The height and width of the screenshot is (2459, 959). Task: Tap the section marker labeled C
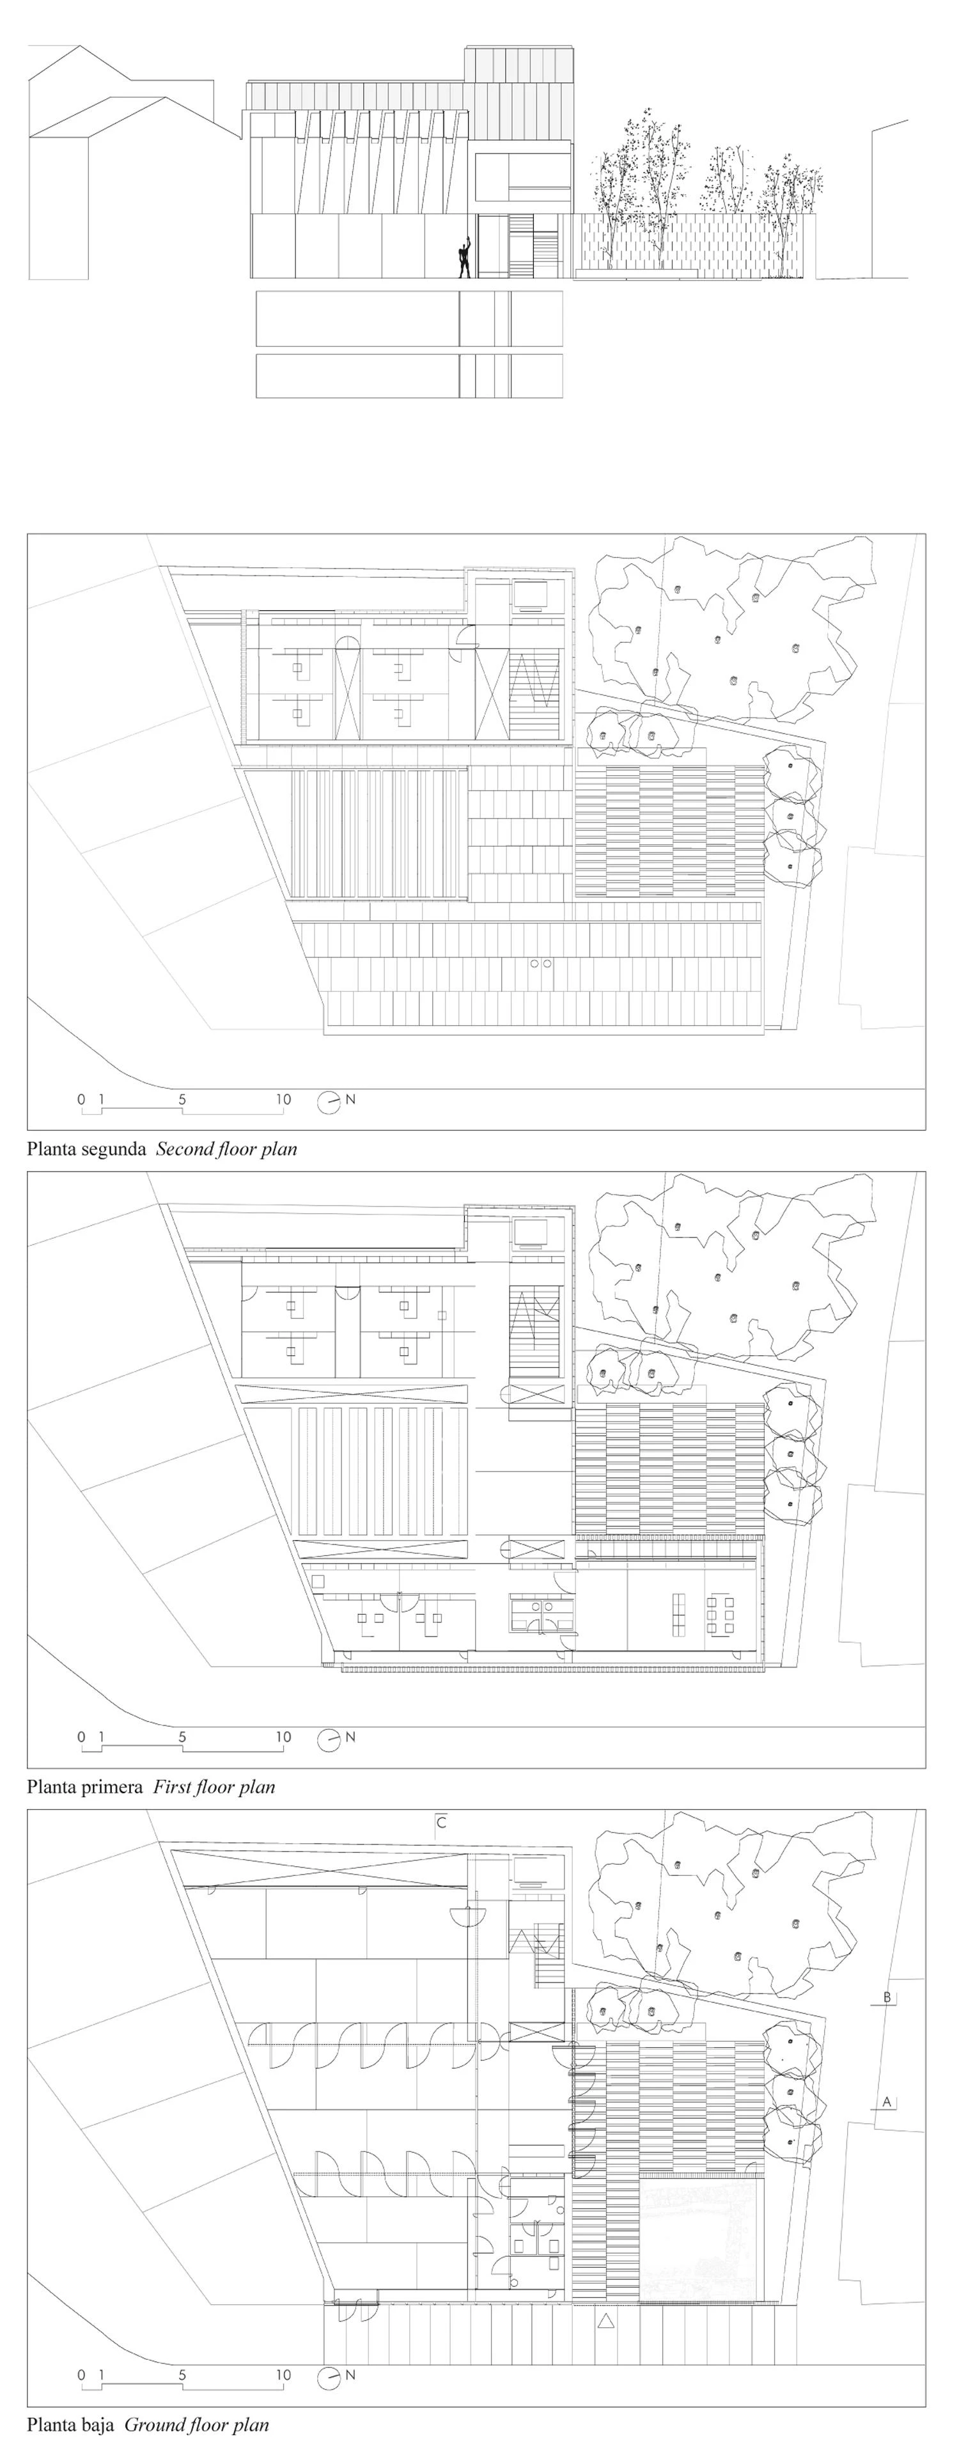[x=442, y=1822]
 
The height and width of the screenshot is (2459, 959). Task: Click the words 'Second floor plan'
[x=226, y=1149]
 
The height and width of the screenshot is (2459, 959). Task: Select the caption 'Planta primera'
[x=85, y=1787]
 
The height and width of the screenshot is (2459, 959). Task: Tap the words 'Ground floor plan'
[x=196, y=2424]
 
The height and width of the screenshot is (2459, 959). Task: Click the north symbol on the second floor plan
[x=336, y=1101]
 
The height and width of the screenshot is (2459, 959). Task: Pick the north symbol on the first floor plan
[x=336, y=1738]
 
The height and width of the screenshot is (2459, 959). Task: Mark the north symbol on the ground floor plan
[x=336, y=2376]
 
